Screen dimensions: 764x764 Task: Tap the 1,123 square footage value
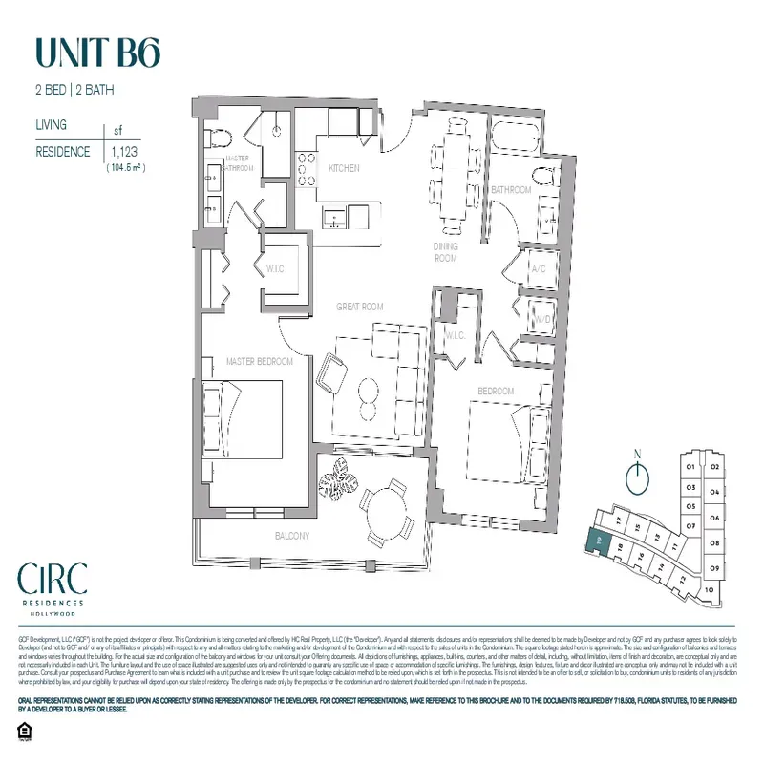pos(123,151)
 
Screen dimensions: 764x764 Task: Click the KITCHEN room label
pos(344,168)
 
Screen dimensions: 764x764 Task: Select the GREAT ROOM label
pos(359,307)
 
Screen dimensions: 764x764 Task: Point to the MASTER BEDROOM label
pos(259,362)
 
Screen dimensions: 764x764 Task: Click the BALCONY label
pos(292,537)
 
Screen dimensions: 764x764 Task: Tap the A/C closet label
pos(538,268)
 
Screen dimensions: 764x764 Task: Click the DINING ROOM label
pos(445,252)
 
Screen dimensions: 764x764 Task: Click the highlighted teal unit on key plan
pos(597,541)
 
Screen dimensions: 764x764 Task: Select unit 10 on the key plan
pos(709,590)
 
